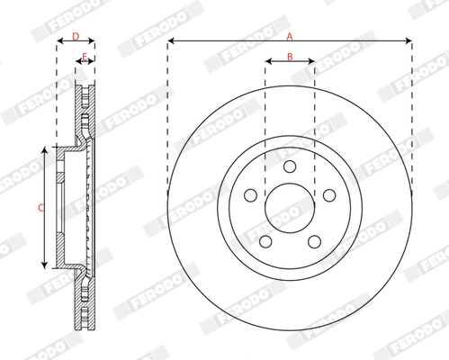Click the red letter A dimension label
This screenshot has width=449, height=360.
(x=289, y=36)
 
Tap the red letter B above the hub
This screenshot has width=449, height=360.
(x=289, y=57)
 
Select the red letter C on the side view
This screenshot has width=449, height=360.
(x=40, y=208)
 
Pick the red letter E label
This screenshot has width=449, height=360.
(x=84, y=57)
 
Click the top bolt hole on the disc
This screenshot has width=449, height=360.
(x=289, y=166)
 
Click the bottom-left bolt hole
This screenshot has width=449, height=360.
(x=266, y=240)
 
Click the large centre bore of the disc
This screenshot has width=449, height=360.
(x=289, y=209)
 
